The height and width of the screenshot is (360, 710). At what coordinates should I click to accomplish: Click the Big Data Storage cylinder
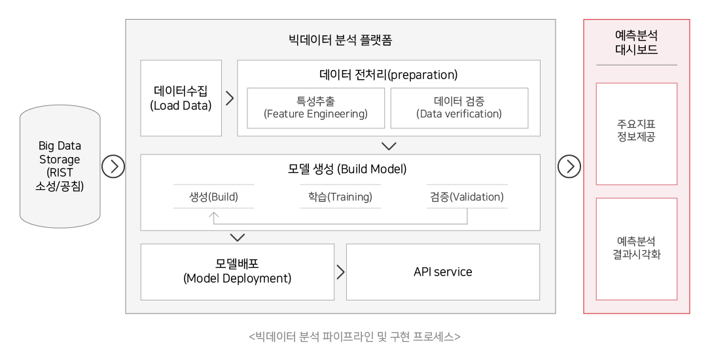click(x=60, y=166)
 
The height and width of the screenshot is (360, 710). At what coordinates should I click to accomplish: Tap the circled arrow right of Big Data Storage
click(x=113, y=166)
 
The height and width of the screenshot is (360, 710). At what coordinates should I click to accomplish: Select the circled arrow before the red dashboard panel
click(x=569, y=166)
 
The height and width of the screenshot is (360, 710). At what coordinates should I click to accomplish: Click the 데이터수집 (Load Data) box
click(x=181, y=98)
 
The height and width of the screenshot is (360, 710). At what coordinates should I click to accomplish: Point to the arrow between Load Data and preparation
click(x=230, y=98)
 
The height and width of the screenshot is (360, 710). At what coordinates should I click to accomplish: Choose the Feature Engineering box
click(x=315, y=108)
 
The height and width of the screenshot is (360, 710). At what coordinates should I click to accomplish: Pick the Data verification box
click(x=459, y=108)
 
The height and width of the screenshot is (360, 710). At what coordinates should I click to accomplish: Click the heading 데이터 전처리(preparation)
click(x=389, y=75)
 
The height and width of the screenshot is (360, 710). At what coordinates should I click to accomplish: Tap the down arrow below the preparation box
click(x=389, y=146)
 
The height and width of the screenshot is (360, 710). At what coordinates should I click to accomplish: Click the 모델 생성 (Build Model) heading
click(x=347, y=170)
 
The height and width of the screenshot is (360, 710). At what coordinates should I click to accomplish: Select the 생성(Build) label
click(x=214, y=197)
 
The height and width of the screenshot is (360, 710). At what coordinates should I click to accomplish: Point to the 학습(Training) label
click(x=340, y=197)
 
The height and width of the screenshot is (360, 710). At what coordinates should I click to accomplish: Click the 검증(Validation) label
click(x=467, y=197)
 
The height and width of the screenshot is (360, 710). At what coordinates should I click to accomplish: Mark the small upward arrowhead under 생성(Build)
click(x=214, y=215)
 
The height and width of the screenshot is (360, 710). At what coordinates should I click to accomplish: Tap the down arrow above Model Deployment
click(x=238, y=238)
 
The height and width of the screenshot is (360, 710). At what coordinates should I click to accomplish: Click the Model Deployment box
click(x=238, y=272)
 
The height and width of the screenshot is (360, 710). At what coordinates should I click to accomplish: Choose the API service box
click(x=443, y=272)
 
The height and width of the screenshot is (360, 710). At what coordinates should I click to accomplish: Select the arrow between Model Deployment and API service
click(x=340, y=272)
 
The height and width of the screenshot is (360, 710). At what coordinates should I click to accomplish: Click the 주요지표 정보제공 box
click(x=636, y=134)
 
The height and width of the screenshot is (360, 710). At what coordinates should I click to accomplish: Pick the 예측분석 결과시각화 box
click(x=636, y=249)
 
